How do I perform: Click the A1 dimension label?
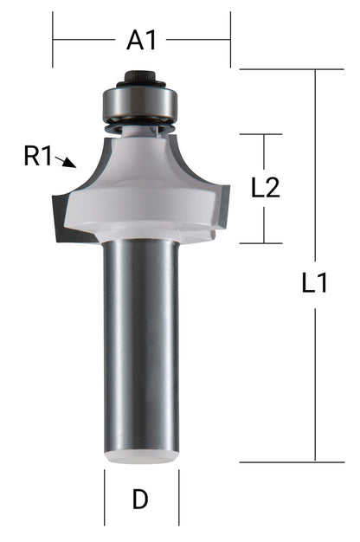(141, 40)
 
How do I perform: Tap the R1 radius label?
(38, 157)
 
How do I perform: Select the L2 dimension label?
(265, 189)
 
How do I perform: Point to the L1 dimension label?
(314, 283)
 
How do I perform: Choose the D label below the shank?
(140, 499)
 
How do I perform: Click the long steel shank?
(141, 346)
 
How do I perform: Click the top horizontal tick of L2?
(261, 134)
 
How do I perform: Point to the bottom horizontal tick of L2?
(261, 243)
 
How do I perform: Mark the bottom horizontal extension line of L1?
(286, 461)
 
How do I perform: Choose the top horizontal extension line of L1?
(286, 69)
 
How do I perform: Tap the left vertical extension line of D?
(105, 498)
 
